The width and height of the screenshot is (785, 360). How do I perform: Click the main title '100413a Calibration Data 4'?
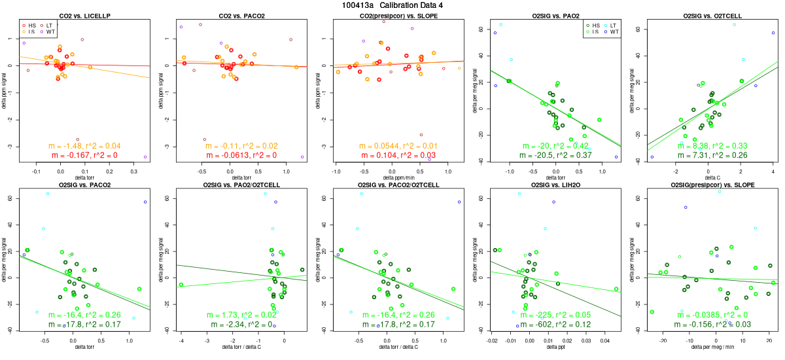click(392, 5)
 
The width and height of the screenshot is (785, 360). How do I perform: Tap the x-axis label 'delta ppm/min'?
click(398, 177)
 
